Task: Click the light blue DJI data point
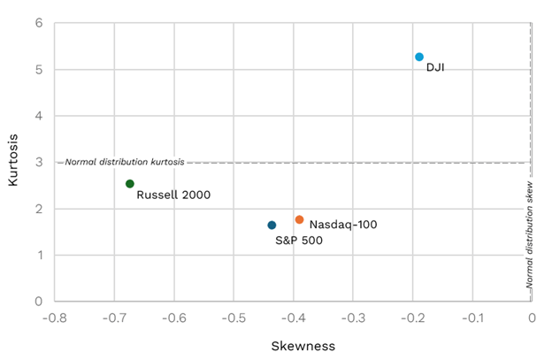click(419, 57)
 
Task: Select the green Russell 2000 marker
click(130, 184)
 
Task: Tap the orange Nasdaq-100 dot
click(299, 219)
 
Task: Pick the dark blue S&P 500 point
click(272, 226)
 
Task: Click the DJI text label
click(435, 67)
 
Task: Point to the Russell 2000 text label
click(173, 195)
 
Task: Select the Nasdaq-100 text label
click(343, 225)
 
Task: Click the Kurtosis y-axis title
click(13, 161)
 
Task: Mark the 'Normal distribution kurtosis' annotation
click(125, 162)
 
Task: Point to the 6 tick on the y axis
click(39, 23)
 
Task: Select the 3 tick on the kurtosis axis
click(39, 162)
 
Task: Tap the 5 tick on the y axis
click(39, 69)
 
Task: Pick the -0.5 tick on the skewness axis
click(233, 318)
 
